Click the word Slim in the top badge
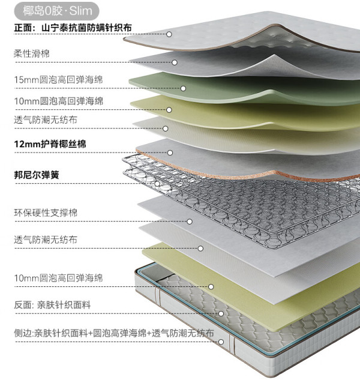81,11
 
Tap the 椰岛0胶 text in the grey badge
43,11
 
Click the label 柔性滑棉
31,53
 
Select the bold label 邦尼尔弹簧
37,175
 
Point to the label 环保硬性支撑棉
46,213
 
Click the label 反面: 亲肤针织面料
52,305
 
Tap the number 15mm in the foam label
26,80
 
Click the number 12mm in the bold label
27,144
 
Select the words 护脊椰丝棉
64,144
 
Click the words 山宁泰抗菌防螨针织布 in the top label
86,28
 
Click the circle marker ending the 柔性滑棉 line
175,62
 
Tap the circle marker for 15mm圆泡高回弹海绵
183,88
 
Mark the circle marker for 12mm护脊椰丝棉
170,152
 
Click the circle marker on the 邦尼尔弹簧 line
158,184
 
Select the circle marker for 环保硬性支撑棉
190,222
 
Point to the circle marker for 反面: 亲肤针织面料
221,313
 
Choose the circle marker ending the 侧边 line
221,342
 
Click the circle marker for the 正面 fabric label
169,34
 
